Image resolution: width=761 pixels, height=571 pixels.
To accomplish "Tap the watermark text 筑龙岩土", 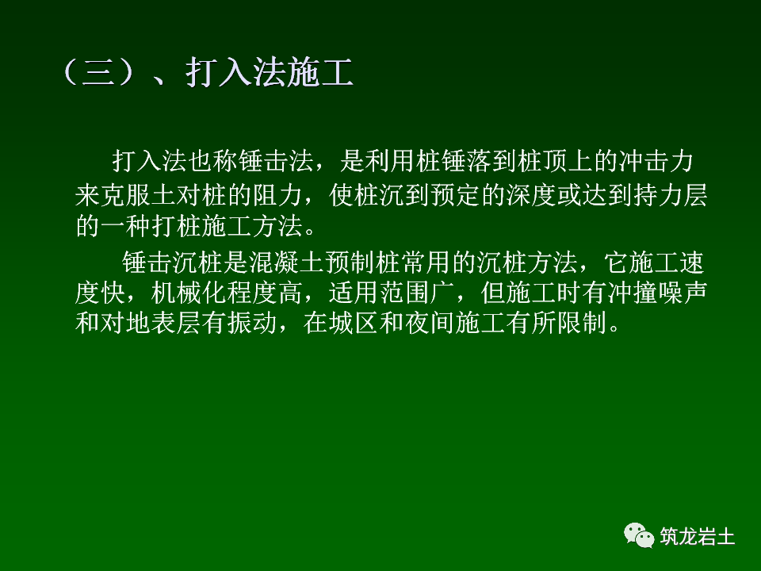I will pyautogui.click(x=698, y=537).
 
